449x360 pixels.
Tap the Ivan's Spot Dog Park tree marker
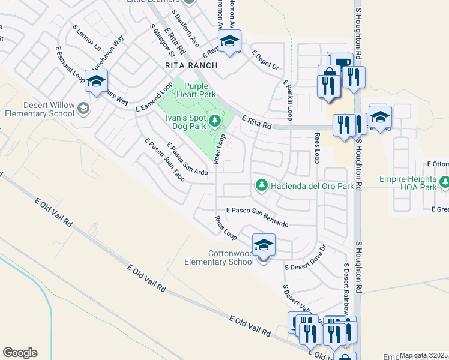(214, 122)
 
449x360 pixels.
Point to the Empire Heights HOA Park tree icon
(444, 182)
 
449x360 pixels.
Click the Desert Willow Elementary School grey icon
(83, 109)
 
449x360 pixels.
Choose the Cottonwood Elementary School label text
(223, 257)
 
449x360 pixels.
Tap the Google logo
(19, 353)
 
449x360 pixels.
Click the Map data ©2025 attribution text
(423, 355)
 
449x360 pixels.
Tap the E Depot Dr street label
(265, 59)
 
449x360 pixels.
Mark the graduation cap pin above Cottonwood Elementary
(264, 245)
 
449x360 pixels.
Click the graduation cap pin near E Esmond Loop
(96, 81)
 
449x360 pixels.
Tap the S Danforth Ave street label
(185, 28)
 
